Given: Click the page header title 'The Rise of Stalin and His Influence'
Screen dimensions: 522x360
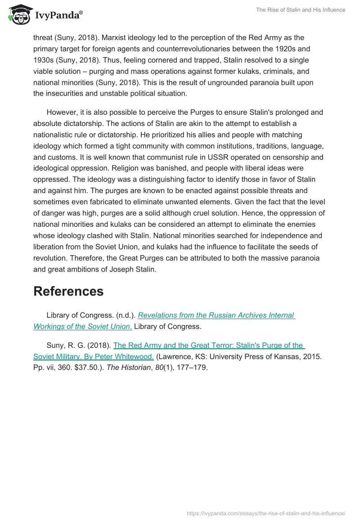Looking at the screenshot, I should pyautogui.click(x=300, y=10).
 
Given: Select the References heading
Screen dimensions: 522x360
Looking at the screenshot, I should pyautogui.click(x=68, y=291).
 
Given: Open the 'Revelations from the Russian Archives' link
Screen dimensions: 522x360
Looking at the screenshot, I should pyautogui.click(x=216, y=315).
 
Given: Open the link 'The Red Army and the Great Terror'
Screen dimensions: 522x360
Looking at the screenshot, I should pyautogui.click(x=208, y=346).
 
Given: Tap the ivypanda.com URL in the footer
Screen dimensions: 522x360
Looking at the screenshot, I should pyautogui.click(x=266, y=513).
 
